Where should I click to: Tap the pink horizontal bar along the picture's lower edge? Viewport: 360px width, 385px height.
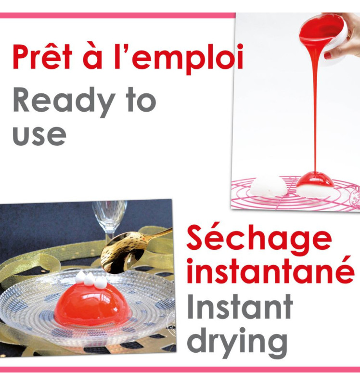click(180, 370)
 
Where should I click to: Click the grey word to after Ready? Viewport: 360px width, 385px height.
click(140, 101)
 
